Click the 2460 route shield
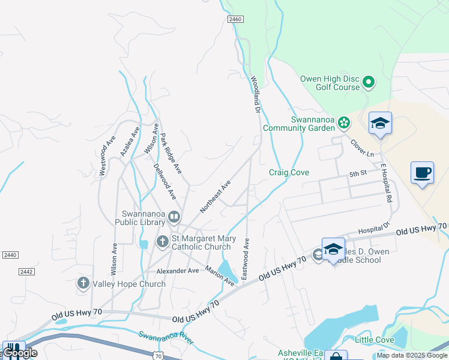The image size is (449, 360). pyautogui.click(x=235, y=20)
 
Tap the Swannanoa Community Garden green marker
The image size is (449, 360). pyautogui.click(x=343, y=123)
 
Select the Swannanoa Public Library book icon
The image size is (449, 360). pyautogui.click(x=174, y=216)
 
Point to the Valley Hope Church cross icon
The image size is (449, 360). pyautogui.click(x=83, y=283)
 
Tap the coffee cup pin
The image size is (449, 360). pyautogui.click(x=422, y=173)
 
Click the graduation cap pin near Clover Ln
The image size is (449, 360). pyautogui.click(x=380, y=123)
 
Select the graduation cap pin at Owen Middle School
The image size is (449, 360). pyautogui.click(x=333, y=249)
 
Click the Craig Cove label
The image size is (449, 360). pyautogui.click(x=289, y=173)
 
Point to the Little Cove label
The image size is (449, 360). pyautogui.click(x=375, y=340)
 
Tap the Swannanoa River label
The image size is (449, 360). pyautogui.click(x=166, y=337)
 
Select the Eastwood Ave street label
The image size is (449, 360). pyautogui.click(x=246, y=259)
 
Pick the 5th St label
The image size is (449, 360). pyautogui.click(x=358, y=174)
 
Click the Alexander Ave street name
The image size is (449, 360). pyautogui.click(x=177, y=271)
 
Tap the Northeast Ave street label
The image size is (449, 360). pyautogui.click(x=215, y=197)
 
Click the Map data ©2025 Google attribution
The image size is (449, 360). pyautogui.click(x=412, y=355)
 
